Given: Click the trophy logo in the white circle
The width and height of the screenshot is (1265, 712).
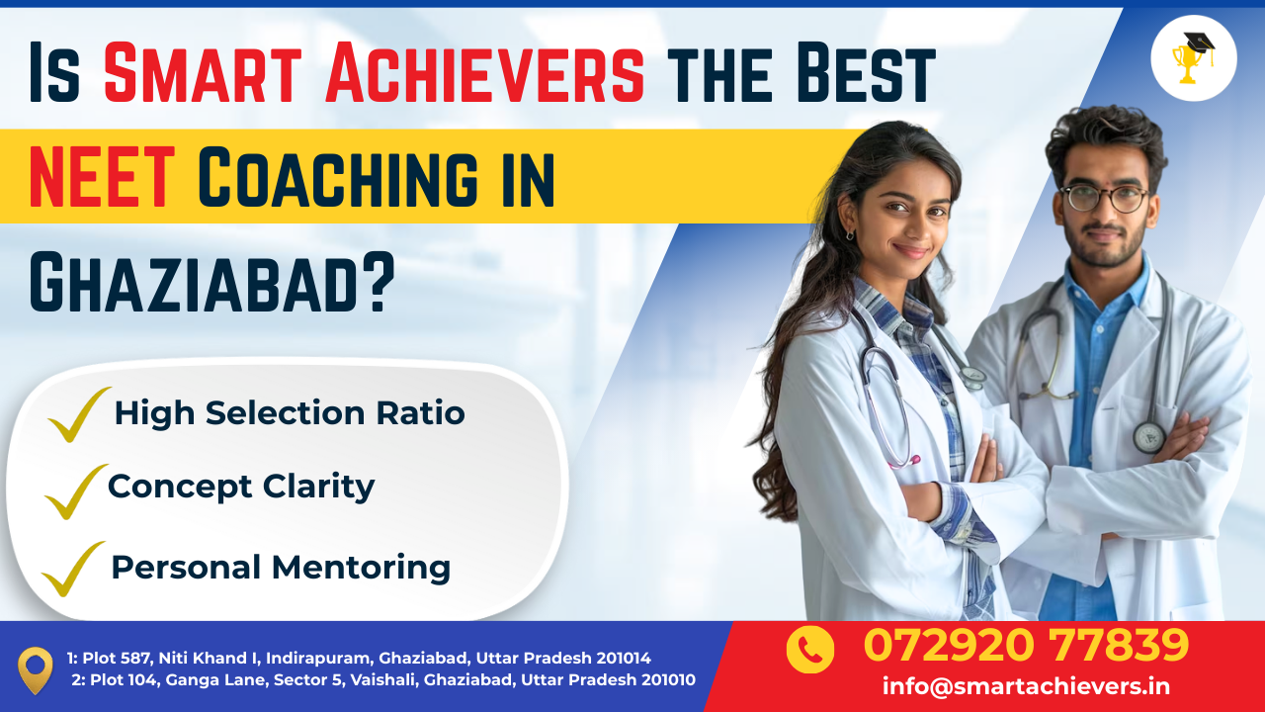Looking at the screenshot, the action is (x=1193, y=57).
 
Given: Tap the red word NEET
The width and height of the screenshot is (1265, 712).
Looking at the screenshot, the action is (x=102, y=177).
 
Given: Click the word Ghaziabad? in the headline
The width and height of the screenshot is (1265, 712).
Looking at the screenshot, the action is (x=211, y=282).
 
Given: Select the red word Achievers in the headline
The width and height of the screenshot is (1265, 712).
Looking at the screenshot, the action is (x=485, y=73).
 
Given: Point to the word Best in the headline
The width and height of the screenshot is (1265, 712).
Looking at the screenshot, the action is (x=867, y=73).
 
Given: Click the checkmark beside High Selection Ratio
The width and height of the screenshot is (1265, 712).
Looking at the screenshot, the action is (x=79, y=414).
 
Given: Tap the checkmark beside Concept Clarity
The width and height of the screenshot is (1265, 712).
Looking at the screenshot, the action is (x=76, y=491).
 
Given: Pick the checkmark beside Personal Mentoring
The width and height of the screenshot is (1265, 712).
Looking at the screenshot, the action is (x=73, y=569).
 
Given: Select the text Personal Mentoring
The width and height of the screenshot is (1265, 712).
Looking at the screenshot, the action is (x=281, y=568).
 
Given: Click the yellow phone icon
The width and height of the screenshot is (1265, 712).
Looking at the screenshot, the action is (x=809, y=650).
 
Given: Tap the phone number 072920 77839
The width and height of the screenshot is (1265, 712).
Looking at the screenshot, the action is (x=1026, y=645).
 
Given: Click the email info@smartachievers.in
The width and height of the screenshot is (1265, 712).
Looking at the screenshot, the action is (x=1026, y=686).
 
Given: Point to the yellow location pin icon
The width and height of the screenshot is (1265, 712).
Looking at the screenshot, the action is (x=35, y=670).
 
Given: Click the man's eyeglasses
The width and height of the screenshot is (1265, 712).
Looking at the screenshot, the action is (x=1104, y=199).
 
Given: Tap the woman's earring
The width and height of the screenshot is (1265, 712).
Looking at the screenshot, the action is (x=849, y=234).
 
